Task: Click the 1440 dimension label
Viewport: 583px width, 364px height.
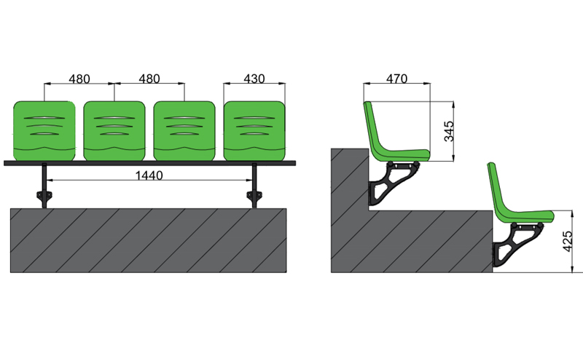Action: click(x=149, y=175)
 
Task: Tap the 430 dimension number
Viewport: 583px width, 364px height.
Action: click(x=254, y=79)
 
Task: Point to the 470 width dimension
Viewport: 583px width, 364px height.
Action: click(x=396, y=79)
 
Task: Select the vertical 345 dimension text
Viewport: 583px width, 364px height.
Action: click(x=450, y=130)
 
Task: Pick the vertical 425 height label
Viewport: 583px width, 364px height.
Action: click(x=570, y=240)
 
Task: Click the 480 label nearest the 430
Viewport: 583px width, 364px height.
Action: click(x=149, y=79)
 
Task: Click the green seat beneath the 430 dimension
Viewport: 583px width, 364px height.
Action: click(x=254, y=131)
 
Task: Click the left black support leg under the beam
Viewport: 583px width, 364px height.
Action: click(x=45, y=187)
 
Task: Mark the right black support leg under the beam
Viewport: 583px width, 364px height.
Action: click(x=254, y=187)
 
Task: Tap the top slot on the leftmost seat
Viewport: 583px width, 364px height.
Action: click(x=44, y=118)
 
